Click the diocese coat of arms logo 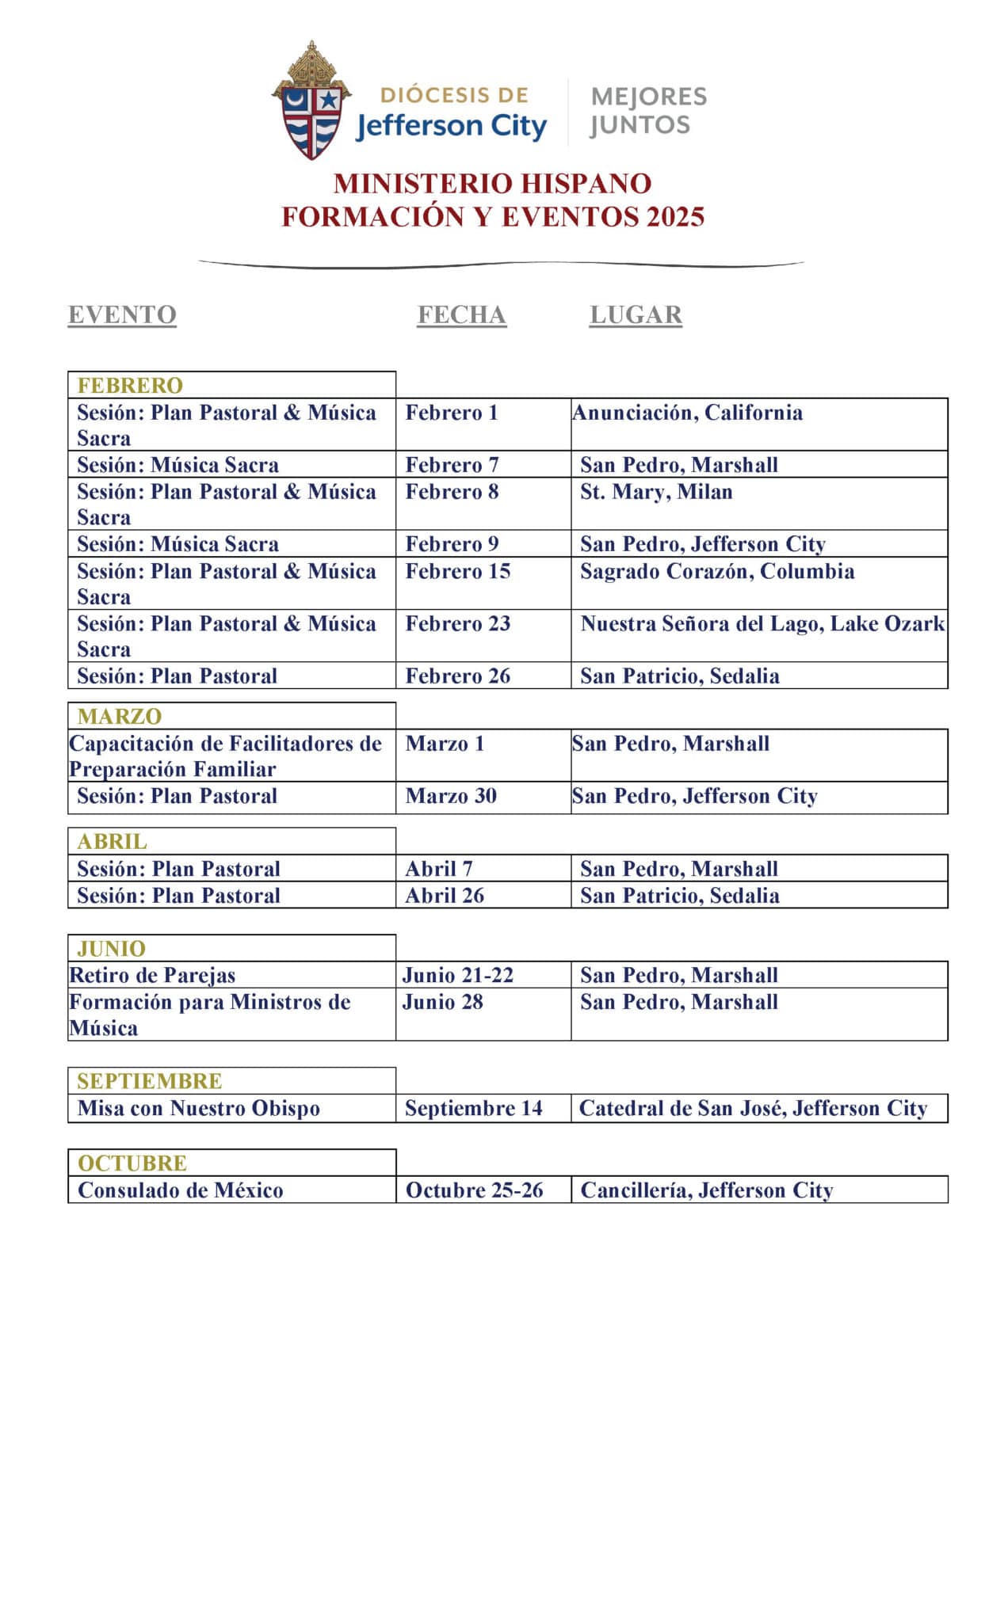point(311,101)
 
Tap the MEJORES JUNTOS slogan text point(647,111)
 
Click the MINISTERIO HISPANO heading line point(492,184)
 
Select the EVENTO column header point(122,315)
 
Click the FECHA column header point(461,315)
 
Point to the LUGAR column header point(636,315)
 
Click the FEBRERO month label point(130,386)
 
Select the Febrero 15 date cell point(458,572)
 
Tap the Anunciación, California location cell point(687,413)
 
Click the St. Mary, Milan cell point(656,492)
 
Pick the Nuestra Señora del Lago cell point(762,624)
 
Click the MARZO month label point(120,717)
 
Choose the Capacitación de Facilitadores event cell point(225,756)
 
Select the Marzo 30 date point(451,796)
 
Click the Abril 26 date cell point(445,896)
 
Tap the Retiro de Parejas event point(152,976)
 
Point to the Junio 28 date point(442,1003)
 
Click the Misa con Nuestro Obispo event point(199,1109)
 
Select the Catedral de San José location point(753,1109)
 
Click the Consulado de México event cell point(181,1190)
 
